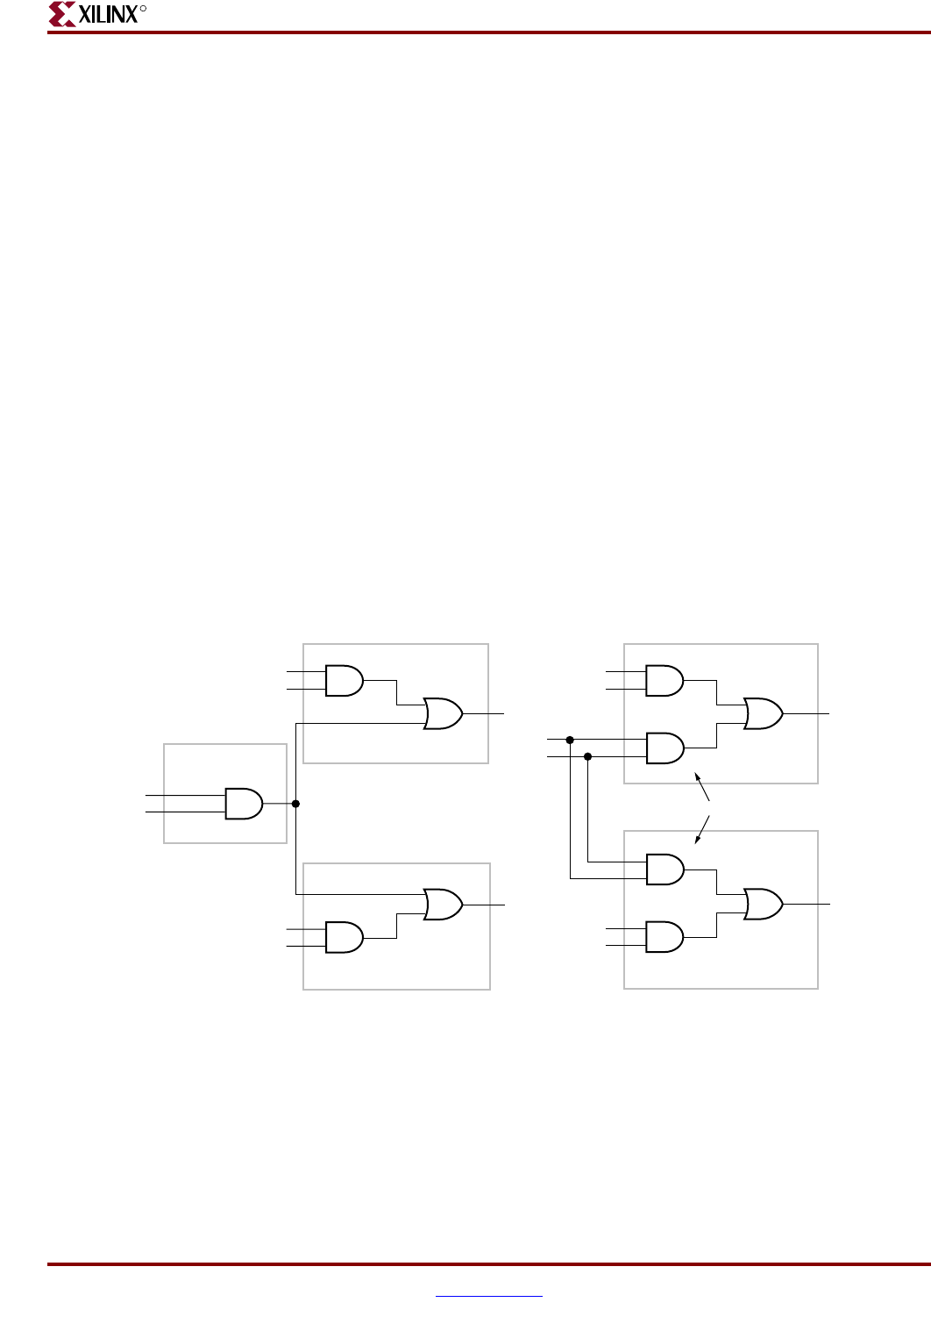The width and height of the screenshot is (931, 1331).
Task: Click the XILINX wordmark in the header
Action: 107,14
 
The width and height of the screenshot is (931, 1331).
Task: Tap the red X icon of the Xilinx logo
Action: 61,14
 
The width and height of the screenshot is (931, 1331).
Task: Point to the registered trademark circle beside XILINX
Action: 143,8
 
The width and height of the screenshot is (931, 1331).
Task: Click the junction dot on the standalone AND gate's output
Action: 295,804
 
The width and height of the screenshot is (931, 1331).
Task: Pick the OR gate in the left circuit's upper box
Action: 443,714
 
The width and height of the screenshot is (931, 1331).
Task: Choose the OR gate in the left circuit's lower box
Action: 443,904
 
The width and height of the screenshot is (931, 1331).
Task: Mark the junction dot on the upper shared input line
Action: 570,740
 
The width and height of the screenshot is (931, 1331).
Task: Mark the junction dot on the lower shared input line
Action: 587,756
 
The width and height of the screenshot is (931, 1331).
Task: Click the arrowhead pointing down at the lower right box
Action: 698,839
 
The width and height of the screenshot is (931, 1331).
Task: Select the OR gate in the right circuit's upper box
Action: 763,714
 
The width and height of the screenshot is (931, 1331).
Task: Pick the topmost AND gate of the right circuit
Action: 664,680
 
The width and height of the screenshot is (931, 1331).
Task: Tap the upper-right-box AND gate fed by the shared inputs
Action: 664,748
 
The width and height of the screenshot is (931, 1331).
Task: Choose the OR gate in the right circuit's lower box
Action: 763,904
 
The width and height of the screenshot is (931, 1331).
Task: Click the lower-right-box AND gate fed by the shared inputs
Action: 664,869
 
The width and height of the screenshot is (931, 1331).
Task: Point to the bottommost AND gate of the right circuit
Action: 664,937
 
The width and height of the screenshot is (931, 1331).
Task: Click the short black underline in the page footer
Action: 489,1296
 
